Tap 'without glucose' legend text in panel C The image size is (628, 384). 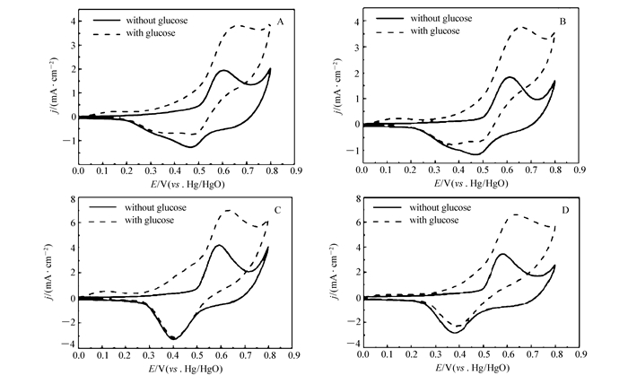153,208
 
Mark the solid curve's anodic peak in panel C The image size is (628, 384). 218,245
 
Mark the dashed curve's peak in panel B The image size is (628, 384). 520,28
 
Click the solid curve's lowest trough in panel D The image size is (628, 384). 457,332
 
